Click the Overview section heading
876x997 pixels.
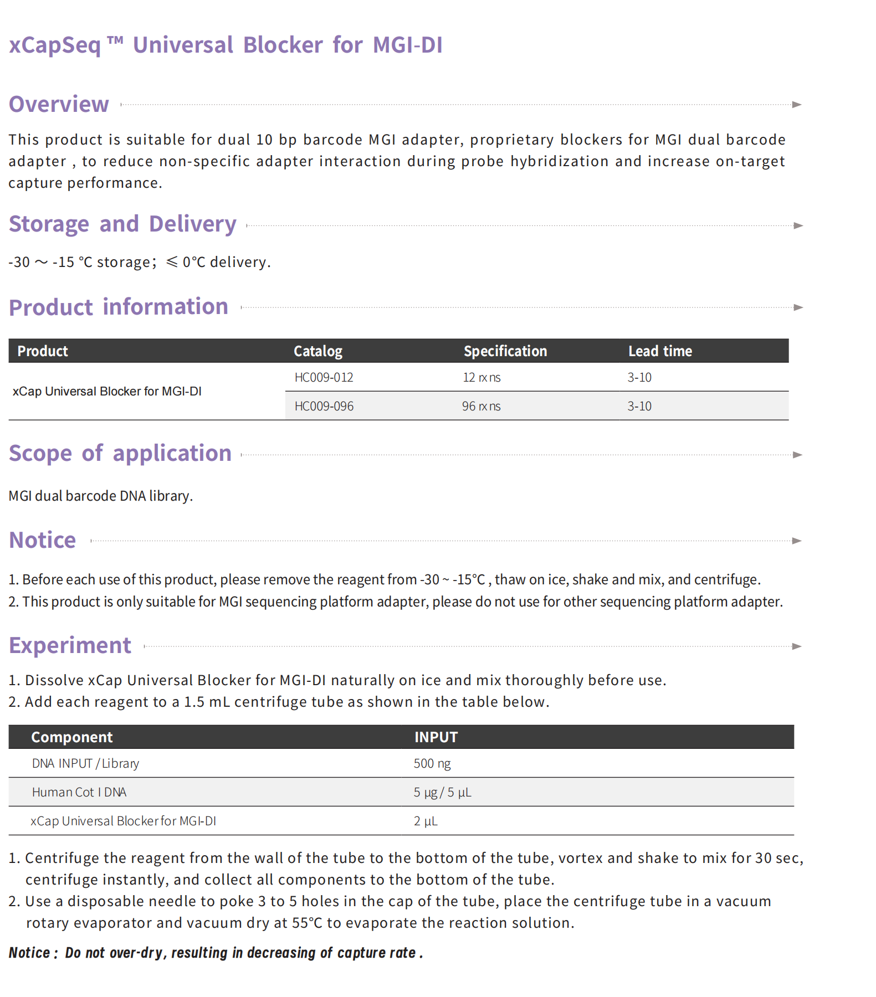point(59,104)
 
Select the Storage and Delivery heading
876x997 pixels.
point(122,224)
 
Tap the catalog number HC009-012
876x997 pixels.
point(324,377)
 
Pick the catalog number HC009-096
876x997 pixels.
point(324,406)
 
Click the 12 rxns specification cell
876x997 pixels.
point(481,377)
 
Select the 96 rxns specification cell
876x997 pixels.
point(481,406)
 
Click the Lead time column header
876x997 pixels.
point(660,351)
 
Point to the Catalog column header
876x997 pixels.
point(317,351)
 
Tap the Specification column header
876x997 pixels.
point(505,351)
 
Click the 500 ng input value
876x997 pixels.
point(432,763)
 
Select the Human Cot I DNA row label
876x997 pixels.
point(79,792)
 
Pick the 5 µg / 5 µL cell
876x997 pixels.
point(442,792)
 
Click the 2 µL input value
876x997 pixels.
point(425,821)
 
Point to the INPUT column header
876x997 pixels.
point(436,737)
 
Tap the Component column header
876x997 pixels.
point(71,737)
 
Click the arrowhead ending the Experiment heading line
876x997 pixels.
point(797,646)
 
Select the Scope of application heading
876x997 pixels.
point(120,454)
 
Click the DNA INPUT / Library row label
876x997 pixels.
point(85,763)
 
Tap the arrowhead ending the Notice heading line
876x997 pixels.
point(797,541)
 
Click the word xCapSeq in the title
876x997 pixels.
point(55,45)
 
